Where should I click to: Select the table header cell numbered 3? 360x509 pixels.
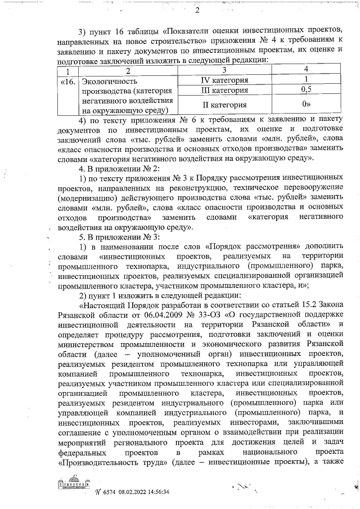(x=224, y=70)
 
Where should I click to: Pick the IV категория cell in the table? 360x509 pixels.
(x=224, y=80)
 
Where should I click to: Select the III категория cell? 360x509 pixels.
(x=224, y=90)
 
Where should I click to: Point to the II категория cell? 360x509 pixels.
(x=224, y=105)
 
